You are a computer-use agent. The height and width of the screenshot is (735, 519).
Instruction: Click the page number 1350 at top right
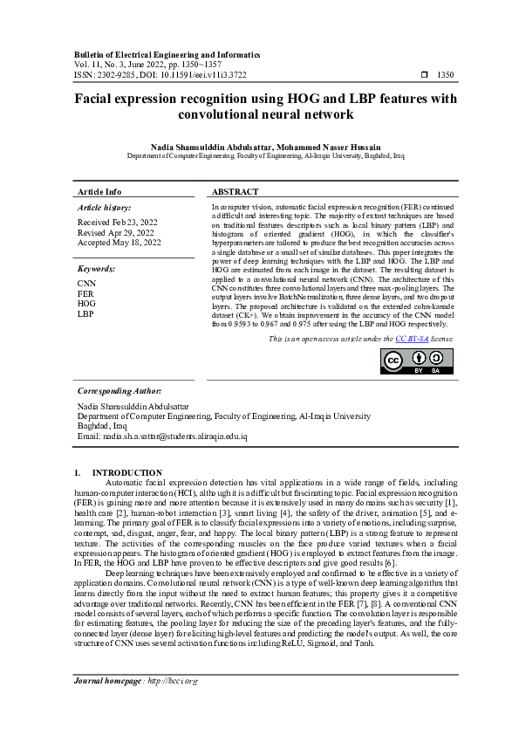click(445, 75)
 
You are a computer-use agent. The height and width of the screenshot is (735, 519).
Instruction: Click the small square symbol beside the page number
click(424, 75)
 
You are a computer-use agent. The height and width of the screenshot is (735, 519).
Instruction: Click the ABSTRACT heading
click(235, 191)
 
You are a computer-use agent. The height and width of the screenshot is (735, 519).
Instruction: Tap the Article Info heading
click(99, 191)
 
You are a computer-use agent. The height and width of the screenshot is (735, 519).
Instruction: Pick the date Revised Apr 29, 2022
click(115, 233)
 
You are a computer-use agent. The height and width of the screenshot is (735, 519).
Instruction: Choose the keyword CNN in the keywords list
click(87, 285)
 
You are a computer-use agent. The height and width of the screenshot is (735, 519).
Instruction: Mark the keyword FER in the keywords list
click(86, 294)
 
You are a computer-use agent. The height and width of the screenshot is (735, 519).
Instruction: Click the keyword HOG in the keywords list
click(87, 304)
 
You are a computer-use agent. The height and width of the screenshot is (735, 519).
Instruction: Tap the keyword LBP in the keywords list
click(85, 313)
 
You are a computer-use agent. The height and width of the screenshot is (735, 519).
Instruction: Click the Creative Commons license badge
click(417, 361)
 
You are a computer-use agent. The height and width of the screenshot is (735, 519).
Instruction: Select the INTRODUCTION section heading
click(127, 472)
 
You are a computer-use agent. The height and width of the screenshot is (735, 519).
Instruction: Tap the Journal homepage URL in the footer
click(173, 704)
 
